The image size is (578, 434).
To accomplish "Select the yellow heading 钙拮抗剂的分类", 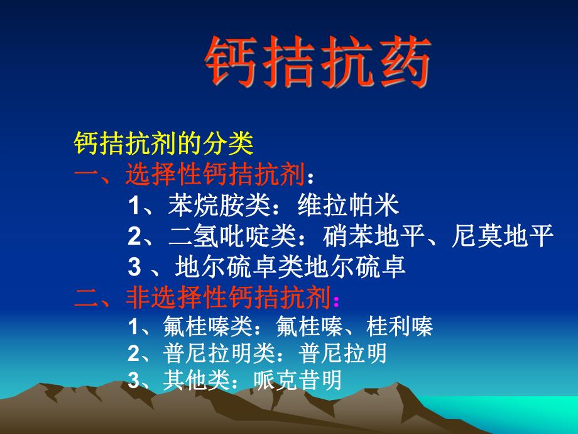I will [163, 144].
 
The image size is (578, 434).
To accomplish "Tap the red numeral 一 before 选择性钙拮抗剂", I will [86, 175].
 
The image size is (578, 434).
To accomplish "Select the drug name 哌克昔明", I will [298, 381].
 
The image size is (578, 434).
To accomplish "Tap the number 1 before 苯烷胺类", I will [133, 206].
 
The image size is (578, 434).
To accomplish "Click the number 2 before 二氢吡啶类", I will [133, 236].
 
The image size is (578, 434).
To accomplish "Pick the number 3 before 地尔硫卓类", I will [133, 267].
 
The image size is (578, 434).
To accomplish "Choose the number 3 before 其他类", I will [132, 381].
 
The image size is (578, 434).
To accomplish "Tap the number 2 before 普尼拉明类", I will [132, 355].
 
